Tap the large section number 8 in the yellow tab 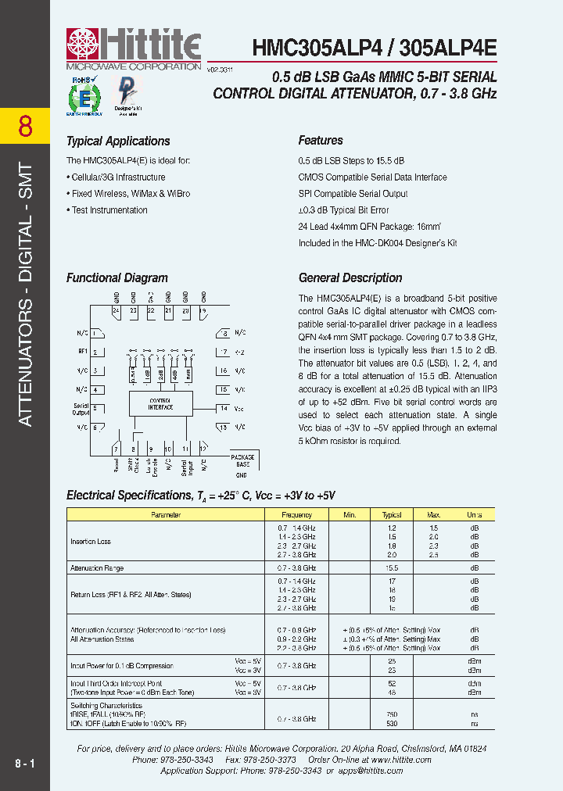25,126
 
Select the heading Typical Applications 118,141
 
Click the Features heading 321,141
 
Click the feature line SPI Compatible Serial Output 353,194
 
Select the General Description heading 350,278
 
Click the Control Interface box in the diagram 160,404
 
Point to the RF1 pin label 83,352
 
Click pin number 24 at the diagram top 116,310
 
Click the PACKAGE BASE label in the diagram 242,460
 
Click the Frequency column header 296,515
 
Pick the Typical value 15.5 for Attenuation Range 392,568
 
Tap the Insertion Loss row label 91,542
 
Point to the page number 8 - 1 24,761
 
